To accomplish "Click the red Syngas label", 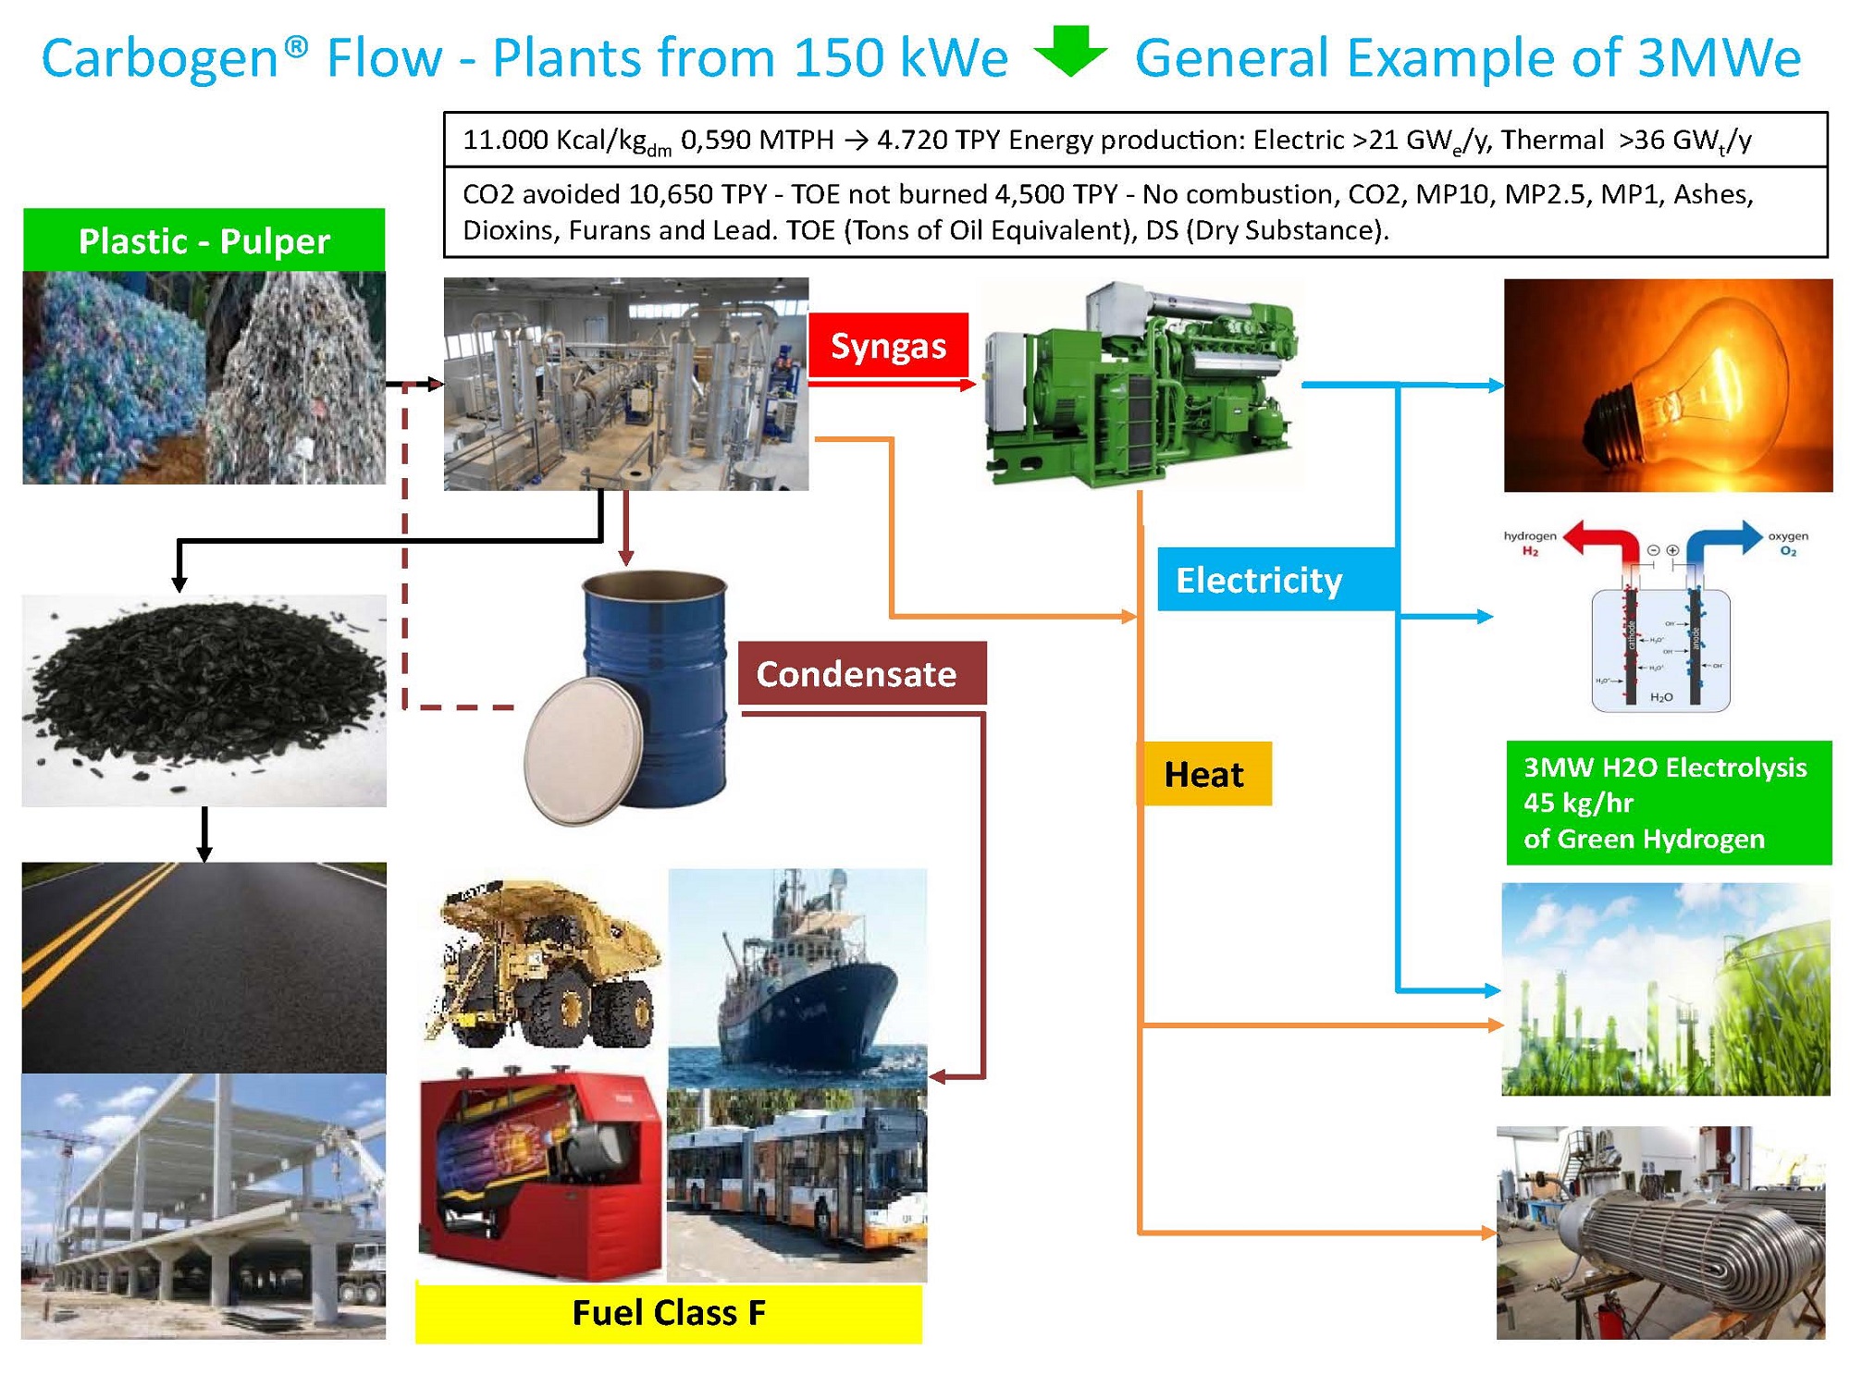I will (x=888, y=345).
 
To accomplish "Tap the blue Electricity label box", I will (x=1276, y=580).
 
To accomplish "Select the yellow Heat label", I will (x=1203, y=774).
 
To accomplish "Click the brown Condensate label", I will (x=861, y=674).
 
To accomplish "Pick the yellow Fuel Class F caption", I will (x=668, y=1312).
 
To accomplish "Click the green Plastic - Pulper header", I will (x=203, y=240).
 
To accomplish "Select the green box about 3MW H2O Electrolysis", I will (x=1668, y=803).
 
